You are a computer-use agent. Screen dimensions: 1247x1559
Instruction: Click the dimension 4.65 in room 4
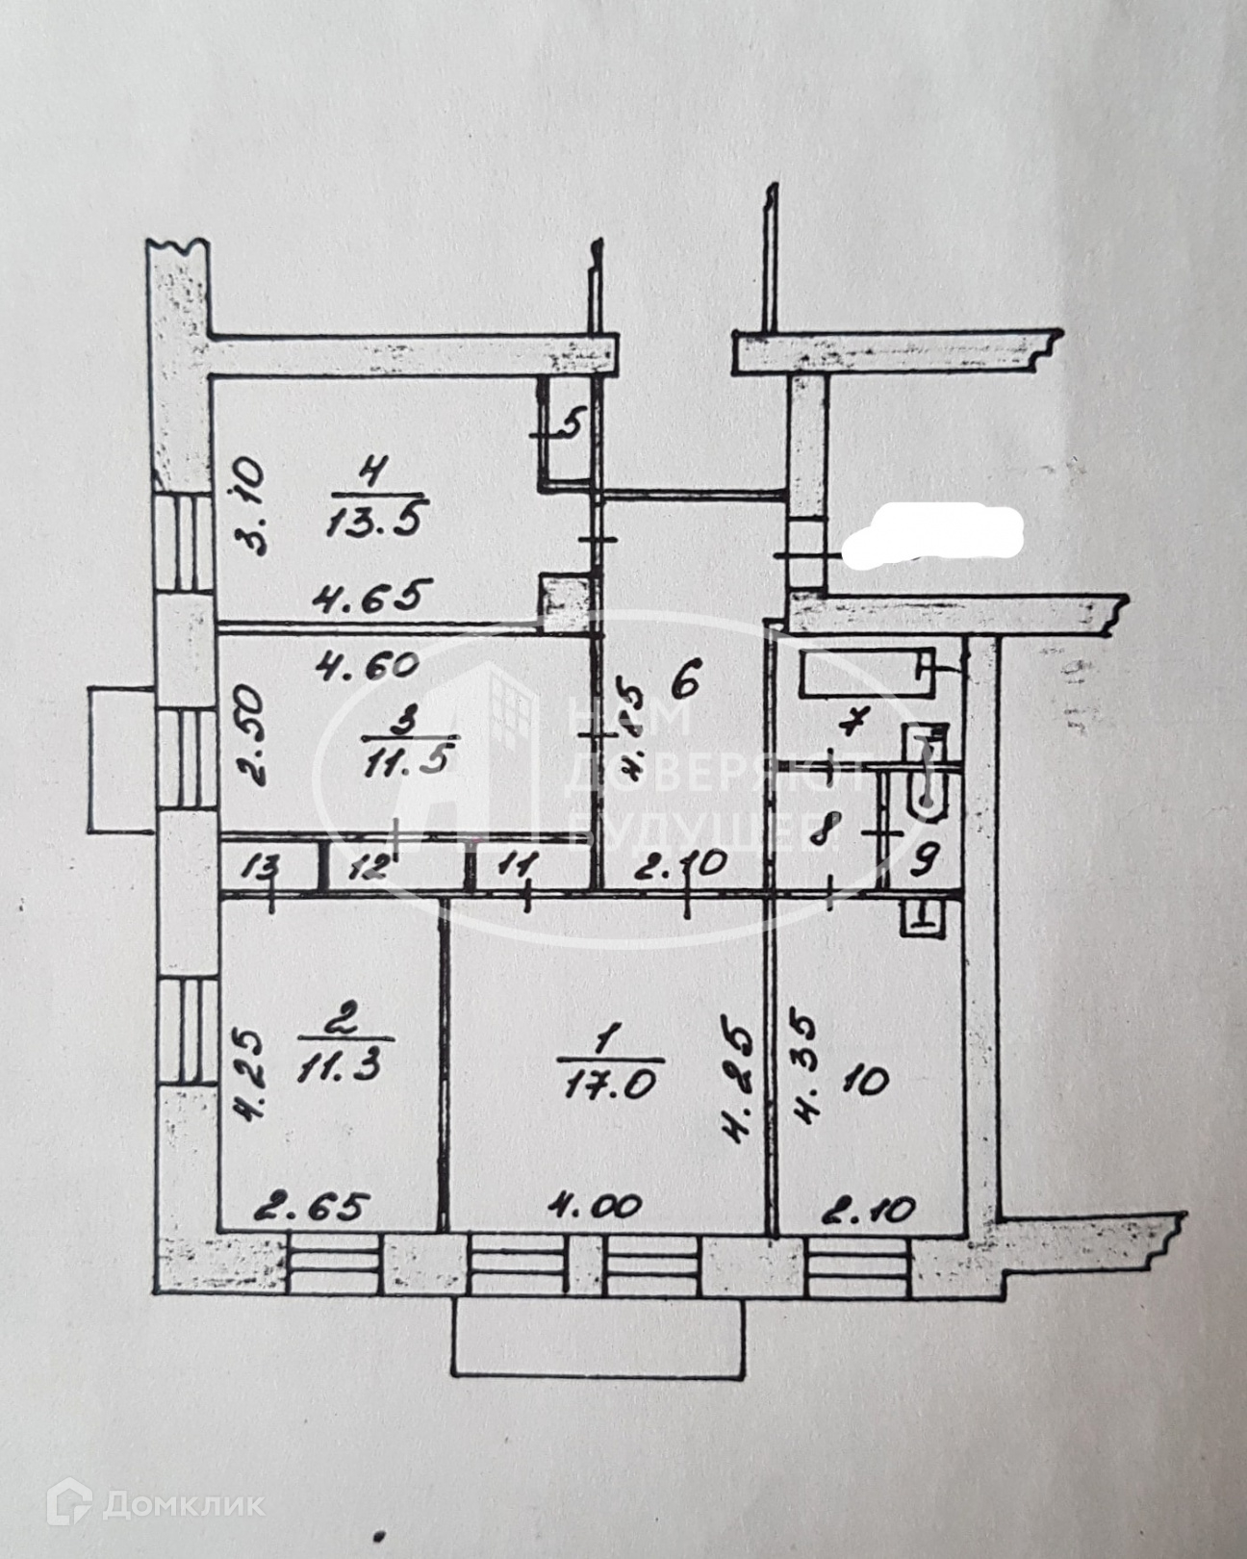click(x=368, y=598)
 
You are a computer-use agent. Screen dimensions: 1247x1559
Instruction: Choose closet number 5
click(x=571, y=422)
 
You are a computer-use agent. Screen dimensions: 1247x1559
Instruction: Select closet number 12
click(x=368, y=867)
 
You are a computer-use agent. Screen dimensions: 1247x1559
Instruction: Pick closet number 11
click(x=516, y=865)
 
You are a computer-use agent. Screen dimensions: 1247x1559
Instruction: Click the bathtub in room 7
click(x=866, y=673)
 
